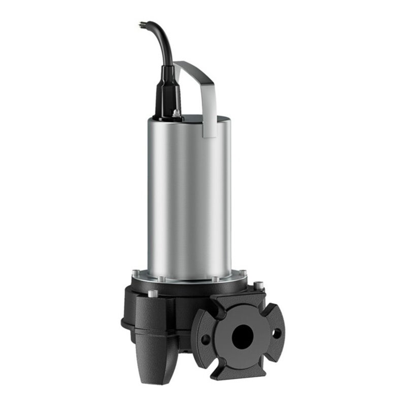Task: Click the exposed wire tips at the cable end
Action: pyautogui.click(x=142, y=23)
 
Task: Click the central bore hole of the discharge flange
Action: pyautogui.click(x=242, y=335)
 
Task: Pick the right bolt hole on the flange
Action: pyautogui.click(x=277, y=333)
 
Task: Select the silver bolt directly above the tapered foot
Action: pyautogui.click(x=153, y=293)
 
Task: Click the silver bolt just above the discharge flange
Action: pyautogui.click(x=258, y=286)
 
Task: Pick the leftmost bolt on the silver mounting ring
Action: pyautogui.click(x=136, y=273)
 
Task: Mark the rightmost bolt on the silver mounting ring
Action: pyautogui.click(x=243, y=273)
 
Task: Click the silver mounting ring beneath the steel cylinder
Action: pyautogui.click(x=189, y=278)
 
